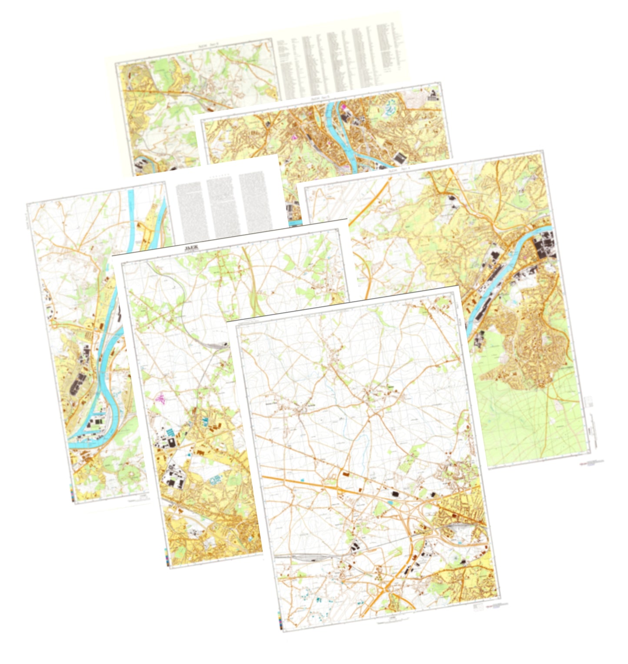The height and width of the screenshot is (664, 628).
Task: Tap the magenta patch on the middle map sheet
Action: (x=161, y=397)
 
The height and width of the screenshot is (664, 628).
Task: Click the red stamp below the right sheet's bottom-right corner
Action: (x=584, y=463)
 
